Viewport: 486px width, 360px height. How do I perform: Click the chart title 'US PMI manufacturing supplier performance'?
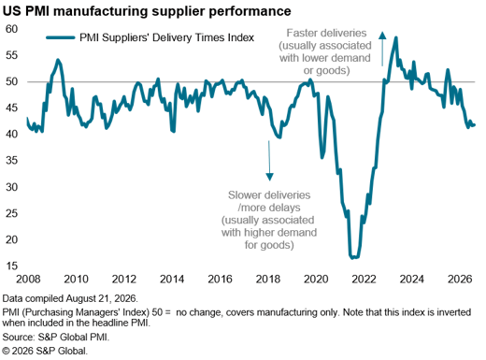pyautogui.click(x=147, y=11)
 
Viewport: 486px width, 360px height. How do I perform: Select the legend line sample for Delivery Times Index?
pyautogui.click(x=61, y=37)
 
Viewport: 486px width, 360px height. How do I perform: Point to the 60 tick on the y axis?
pyautogui.click(x=12, y=29)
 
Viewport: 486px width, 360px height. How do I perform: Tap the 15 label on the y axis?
pyautogui.click(x=12, y=266)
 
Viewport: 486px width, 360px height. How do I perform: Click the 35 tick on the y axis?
pyautogui.click(x=12, y=161)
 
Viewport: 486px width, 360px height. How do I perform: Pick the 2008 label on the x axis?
pyautogui.click(x=28, y=279)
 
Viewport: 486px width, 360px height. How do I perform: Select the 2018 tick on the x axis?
pyautogui.click(x=268, y=279)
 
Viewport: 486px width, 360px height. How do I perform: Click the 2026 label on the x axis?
pyautogui.click(x=460, y=279)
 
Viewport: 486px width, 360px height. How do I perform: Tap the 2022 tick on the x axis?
pyautogui.click(x=364, y=279)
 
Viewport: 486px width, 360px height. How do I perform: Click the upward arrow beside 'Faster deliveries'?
pyautogui.click(x=382, y=49)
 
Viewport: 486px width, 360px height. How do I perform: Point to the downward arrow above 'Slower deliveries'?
pyautogui.click(x=269, y=161)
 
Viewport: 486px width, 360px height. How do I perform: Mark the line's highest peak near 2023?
pyautogui.click(x=396, y=37)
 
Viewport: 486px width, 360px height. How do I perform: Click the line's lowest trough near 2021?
pyautogui.click(x=352, y=258)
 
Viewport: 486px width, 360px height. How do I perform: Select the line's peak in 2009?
pyautogui.click(x=58, y=60)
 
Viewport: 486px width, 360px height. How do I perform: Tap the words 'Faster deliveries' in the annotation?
pyautogui.click(x=326, y=33)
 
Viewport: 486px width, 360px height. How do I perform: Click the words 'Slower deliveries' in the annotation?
pyautogui.click(x=269, y=195)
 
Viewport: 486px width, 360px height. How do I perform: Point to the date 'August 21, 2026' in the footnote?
pyautogui.click(x=102, y=298)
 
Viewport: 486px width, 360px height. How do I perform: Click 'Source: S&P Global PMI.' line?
pyautogui.click(x=56, y=337)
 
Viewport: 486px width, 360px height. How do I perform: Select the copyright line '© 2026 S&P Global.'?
pyautogui.click(x=45, y=351)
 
